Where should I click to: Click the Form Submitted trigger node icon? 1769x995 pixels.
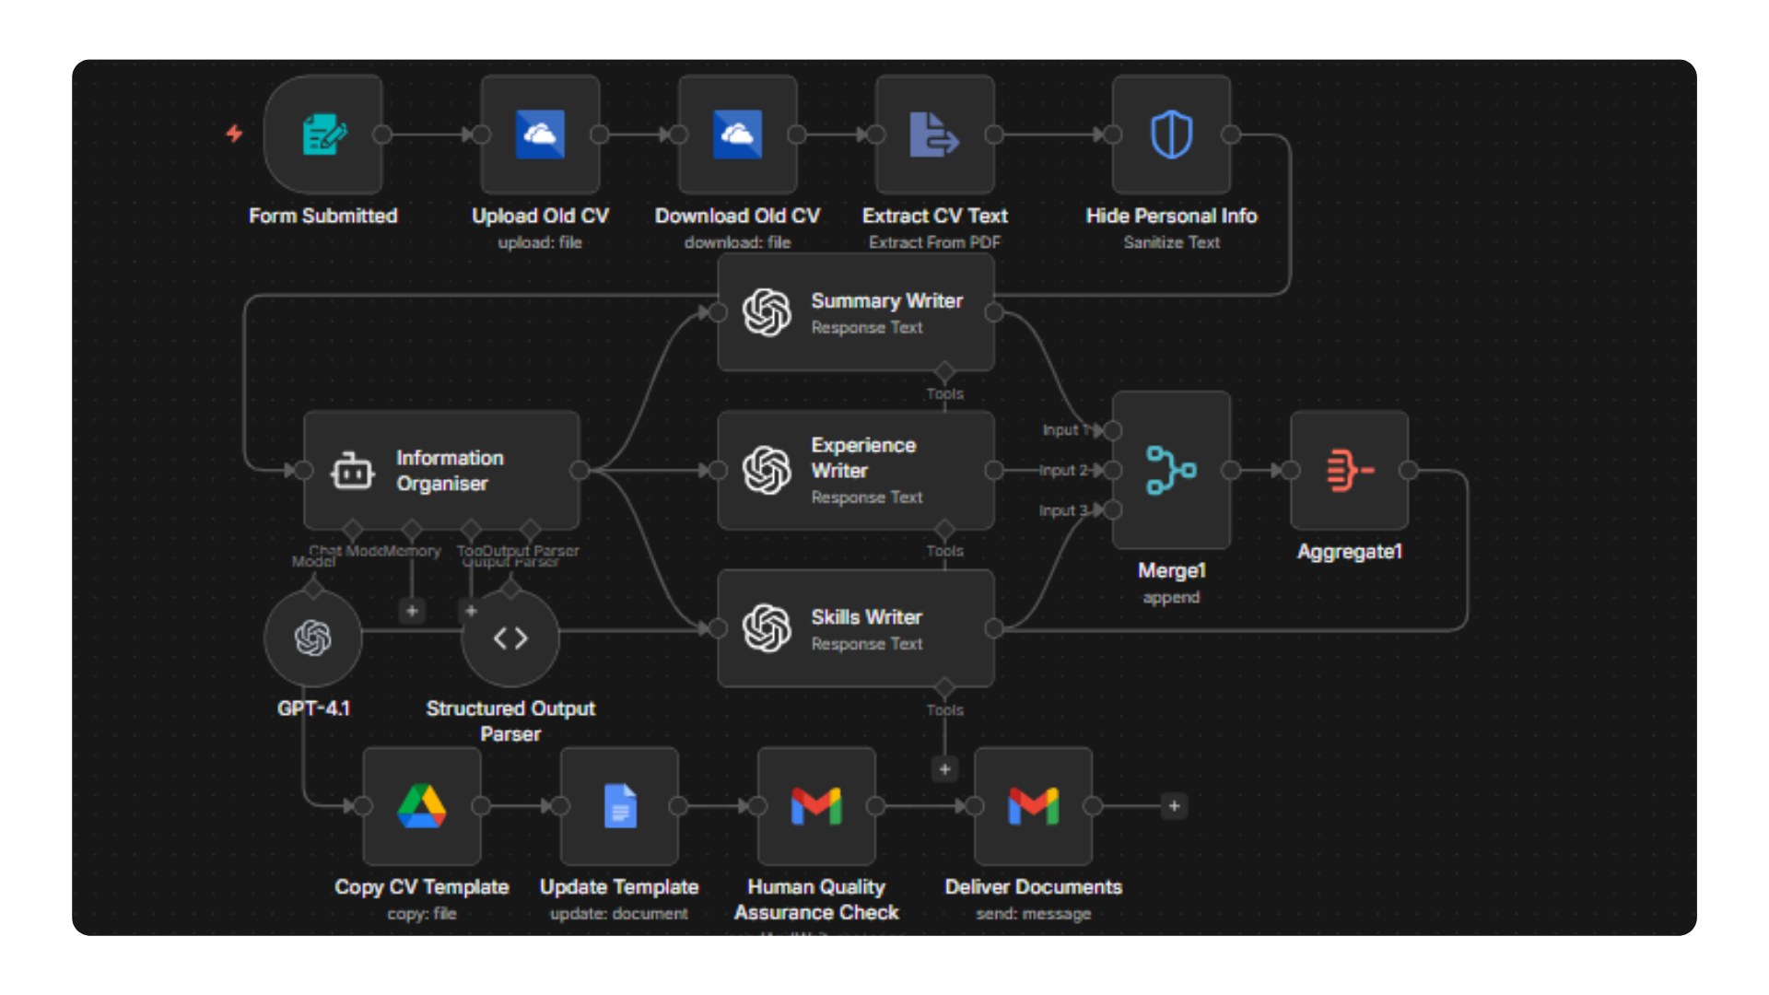[323, 135]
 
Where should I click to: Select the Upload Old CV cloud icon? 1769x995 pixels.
[540, 135]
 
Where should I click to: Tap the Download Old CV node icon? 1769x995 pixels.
[737, 135]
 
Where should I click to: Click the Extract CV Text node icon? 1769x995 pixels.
[934, 135]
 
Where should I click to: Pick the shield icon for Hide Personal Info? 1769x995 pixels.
[1171, 135]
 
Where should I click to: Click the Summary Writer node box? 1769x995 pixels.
[856, 313]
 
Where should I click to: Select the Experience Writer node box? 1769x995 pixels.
[856, 470]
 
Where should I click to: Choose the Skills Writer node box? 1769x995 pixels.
[856, 628]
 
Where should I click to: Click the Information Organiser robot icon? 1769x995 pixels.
[352, 471]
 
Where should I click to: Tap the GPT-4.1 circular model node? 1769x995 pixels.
[313, 638]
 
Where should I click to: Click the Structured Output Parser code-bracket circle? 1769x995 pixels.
[510, 638]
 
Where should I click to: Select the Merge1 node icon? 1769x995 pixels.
[1171, 470]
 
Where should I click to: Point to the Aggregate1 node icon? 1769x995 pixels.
[1350, 470]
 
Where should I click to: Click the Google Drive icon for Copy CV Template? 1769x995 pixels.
[422, 806]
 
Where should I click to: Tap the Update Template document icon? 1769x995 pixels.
[619, 806]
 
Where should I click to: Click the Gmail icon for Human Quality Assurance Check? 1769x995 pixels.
[816, 806]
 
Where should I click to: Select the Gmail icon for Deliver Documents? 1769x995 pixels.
[1033, 806]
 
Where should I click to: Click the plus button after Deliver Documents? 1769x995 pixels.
[1174, 806]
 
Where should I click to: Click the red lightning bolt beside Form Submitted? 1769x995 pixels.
[235, 134]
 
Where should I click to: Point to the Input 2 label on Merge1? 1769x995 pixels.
[1063, 470]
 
